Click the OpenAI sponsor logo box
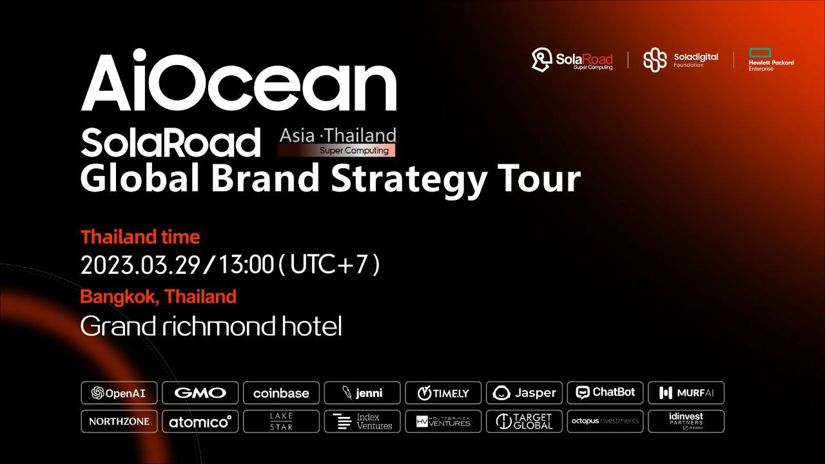[119, 393]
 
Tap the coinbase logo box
[281, 393]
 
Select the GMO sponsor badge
[200, 393]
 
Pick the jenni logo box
[362, 393]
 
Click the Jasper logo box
[524, 393]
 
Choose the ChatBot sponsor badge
[605, 393]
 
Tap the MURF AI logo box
[686, 393]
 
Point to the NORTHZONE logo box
[119, 421]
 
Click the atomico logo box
[200, 421]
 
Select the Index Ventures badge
[362, 421]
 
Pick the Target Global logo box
[524, 421]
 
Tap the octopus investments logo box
[605, 421]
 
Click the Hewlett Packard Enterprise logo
[771, 60]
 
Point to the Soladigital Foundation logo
[681, 60]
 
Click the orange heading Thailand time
[141, 237]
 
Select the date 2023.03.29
[141, 264]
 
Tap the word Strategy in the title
[409, 179]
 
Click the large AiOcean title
[238, 80]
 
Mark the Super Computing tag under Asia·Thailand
[354, 150]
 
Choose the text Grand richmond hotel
[211, 326]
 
